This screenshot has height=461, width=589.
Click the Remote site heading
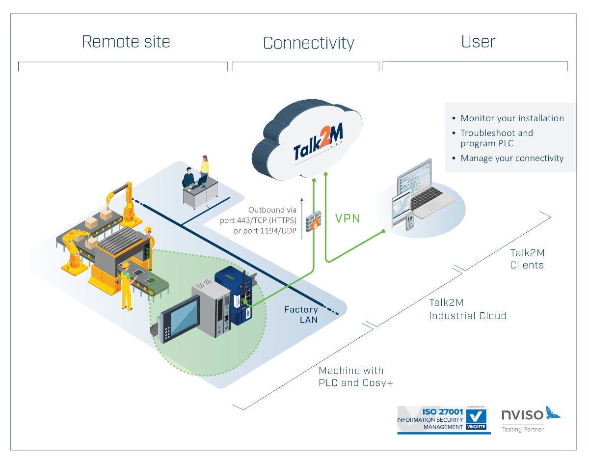tap(126, 42)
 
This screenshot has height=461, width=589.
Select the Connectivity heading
tap(308, 43)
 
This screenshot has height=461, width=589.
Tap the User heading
tap(478, 42)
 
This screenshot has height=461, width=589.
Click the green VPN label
tap(348, 218)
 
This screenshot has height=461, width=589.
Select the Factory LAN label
tap(301, 315)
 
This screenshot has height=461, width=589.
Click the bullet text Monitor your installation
tap(512, 118)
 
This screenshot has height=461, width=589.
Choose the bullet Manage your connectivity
tap(512, 158)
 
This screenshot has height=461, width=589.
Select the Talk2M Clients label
tap(527, 259)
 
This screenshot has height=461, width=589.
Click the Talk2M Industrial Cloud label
tap(467, 309)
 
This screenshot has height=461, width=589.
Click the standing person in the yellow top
tap(204, 167)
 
